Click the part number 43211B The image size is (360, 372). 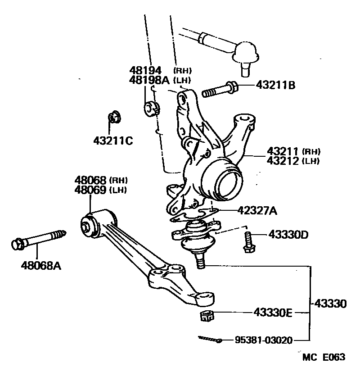point(275,85)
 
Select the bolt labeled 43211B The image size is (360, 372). point(221,90)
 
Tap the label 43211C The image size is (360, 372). point(113,141)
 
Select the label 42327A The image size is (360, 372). point(252,210)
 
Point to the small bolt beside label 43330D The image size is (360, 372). point(247,242)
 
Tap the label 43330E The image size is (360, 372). point(272,312)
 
